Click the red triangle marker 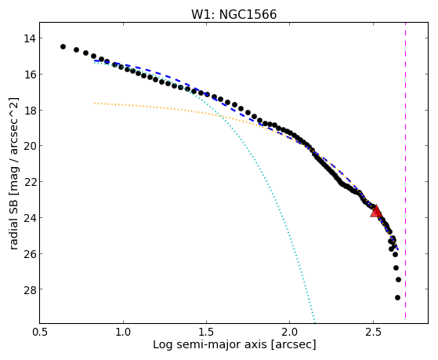pyautogui.click(x=376, y=211)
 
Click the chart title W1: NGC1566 pyautogui.click(x=233, y=15)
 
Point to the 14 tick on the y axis pyautogui.click(x=29, y=38)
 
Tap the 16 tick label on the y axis pyautogui.click(x=29, y=75)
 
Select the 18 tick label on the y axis pyautogui.click(x=29, y=111)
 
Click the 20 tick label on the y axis pyautogui.click(x=29, y=146)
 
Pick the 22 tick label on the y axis pyautogui.click(x=29, y=182)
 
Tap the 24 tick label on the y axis pyautogui.click(x=29, y=217)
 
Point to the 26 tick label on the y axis pyautogui.click(x=29, y=253)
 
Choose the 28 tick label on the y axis pyautogui.click(x=29, y=289)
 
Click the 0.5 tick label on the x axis pyautogui.click(x=40, y=332)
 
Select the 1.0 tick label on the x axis pyautogui.click(x=123, y=332)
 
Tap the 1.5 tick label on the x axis pyautogui.click(x=206, y=332)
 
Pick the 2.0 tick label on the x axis pyautogui.click(x=290, y=332)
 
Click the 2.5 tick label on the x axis pyautogui.click(x=373, y=332)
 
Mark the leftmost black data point pyautogui.click(x=63, y=46)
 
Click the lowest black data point pyautogui.click(x=397, y=297)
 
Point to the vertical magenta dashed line pyautogui.click(x=405, y=170)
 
